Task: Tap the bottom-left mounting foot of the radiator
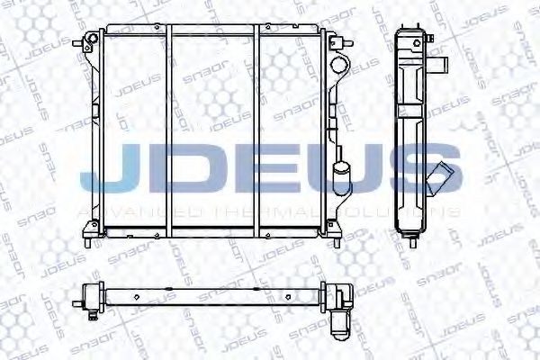pyautogui.click(x=86, y=241)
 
